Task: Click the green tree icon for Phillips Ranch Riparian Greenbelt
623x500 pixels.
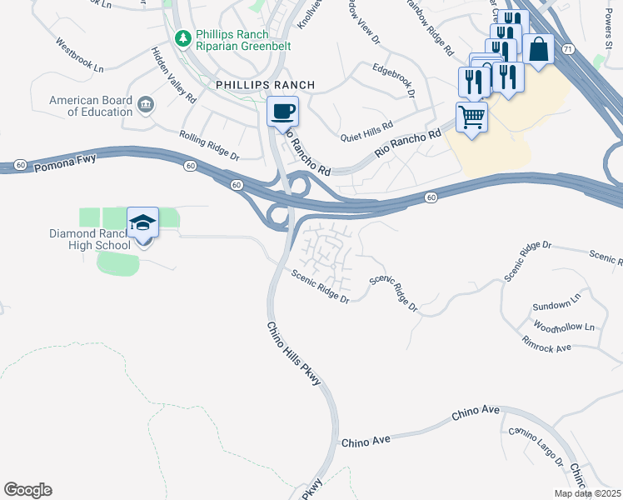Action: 182,38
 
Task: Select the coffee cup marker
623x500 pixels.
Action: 282,112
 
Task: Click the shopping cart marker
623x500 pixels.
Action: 471,118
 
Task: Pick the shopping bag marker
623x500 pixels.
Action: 539,49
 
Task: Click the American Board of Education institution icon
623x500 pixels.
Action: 146,104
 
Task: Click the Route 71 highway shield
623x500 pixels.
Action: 568,50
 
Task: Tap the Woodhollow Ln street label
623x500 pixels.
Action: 565,327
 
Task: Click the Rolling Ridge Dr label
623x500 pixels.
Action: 210,145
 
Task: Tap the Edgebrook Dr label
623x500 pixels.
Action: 394,81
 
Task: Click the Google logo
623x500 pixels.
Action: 27,490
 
